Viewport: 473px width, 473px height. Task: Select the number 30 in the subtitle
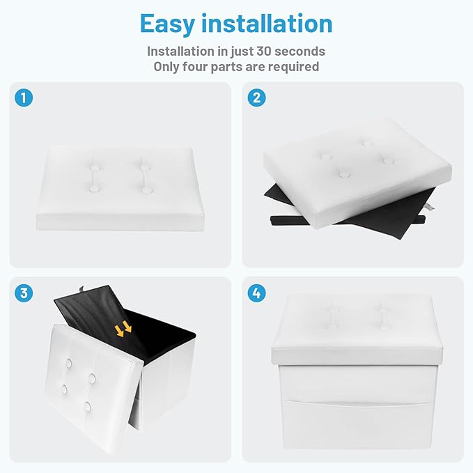click(263, 51)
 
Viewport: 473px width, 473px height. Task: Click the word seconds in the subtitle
click(300, 51)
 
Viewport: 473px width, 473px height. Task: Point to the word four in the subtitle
click(195, 66)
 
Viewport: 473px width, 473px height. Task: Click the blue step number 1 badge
click(24, 98)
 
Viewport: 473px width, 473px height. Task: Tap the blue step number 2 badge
click(257, 98)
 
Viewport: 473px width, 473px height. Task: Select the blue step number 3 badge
click(24, 293)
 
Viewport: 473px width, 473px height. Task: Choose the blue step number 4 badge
click(257, 293)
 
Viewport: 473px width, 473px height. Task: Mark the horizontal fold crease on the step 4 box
click(359, 401)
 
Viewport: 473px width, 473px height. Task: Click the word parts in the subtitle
click(226, 67)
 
